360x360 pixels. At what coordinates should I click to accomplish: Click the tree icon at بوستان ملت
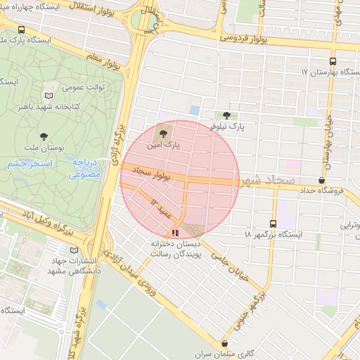(44, 135)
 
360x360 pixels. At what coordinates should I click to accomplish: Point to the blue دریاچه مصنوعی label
(88, 168)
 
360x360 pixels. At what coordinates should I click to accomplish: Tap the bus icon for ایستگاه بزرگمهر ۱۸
(274, 223)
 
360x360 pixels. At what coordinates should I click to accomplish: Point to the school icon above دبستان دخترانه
(175, 232)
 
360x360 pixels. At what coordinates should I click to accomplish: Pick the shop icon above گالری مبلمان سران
(225, 344)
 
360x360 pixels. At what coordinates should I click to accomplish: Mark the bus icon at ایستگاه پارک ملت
(22, 30)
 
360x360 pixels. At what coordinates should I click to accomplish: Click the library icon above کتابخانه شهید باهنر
(49, 96)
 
